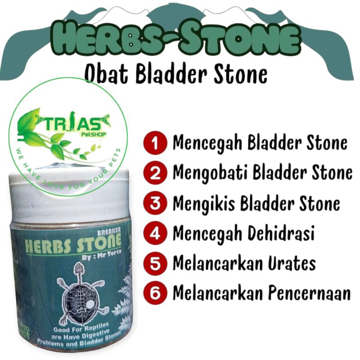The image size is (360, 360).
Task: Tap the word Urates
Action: click(x=292, y=264)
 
